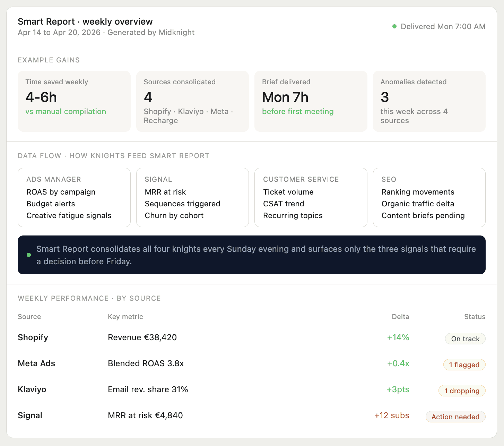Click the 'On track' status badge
click(x=465, y=339)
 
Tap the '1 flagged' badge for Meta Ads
click(x=464, y=365)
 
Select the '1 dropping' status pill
click(x=462, y=391)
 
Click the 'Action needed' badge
click(x=455, y=417)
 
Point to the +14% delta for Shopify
click(x=398, y=337)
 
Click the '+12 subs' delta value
click(x=392, y=415)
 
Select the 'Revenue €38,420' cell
click(x=142, y=337)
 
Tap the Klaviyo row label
click(x=32, y=389)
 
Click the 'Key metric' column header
click(x=125, y=317)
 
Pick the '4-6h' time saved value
click(x=41, y=97)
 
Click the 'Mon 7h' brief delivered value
click(x=285, y=97)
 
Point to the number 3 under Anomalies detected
click(x=385, y=97)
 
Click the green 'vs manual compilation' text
click(x=66, y=112)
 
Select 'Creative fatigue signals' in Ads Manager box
click(x=69, y=216)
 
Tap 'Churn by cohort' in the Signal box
click(x=174, y=216)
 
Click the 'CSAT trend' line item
click(x=284, y=204)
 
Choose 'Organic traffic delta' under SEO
click(x=418, y=204)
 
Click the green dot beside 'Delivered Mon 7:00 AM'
click(x=394, y=26)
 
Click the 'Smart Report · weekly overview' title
click(x=85, y=22)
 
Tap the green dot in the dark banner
click(x=29, y=255)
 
